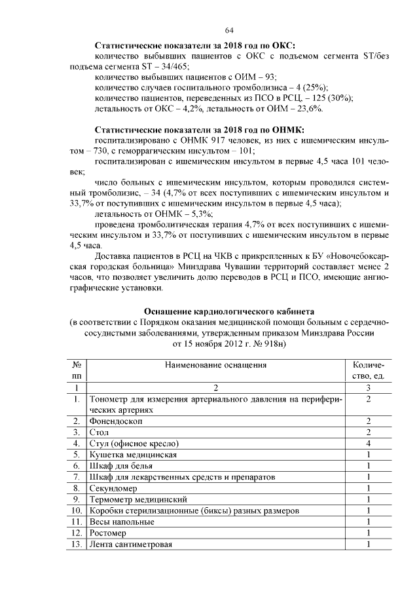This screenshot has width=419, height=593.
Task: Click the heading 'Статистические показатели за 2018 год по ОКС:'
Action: pos(195,46)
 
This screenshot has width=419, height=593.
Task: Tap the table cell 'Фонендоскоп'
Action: pos(116,421)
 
